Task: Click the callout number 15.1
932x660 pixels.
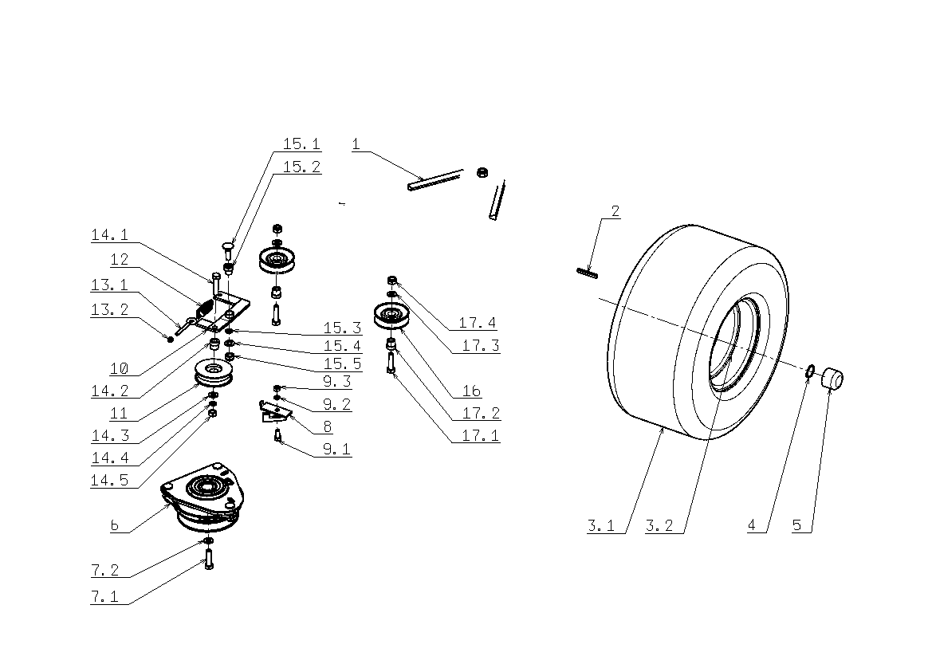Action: click(301, 143)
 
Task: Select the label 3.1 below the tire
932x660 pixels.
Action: click(601, 526)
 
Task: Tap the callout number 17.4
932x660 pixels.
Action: click(478, 323)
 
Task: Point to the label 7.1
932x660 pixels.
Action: click(104, 596)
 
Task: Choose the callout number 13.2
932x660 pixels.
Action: click(109, 309)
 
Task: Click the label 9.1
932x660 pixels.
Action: click(337, 449)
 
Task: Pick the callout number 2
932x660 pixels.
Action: click(615, 211)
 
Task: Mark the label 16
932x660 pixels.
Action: click(471, 391)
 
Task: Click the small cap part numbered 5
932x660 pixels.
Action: click(833, 379)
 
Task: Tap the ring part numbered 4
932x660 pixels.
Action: click(808, 372)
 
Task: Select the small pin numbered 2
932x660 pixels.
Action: click(588, 273)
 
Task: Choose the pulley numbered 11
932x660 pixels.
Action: click(214, 372)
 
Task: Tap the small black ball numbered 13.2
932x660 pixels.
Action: click(171, 339)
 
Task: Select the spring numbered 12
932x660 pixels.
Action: click(204, 308)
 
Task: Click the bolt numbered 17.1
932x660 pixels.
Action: click(391, 362)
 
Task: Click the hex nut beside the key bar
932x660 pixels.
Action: click(482, 173)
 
